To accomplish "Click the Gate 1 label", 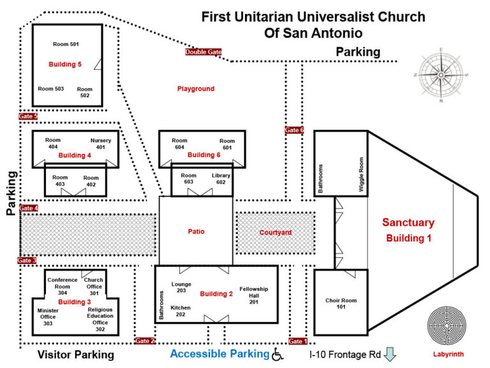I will pyautogui.click(x=298, y=341).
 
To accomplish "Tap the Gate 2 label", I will pyautogui.click(x=145, y=341).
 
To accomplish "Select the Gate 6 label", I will pyautogui.click(x=294, y=130).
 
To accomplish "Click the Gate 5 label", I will pyautogui.click(x=28, y=116).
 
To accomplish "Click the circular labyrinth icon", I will pyautogui.click(x=446, y=326).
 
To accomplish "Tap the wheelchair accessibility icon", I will pyautogui.click(x=278, y=354).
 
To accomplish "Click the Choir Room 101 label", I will pyautogui.click(x=341, y=303).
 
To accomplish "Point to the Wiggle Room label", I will pyautogui.click(x=360, y=174).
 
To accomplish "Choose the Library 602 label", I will pyautogui.click(x=221, y=179).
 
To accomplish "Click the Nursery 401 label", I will pyautogui.click(x=101, y=144).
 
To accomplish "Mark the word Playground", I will pyautogui.click(x=196, y=89).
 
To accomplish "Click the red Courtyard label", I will pyautogui.click(x=276, y=233).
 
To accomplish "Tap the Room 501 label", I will pyautogui.click(x=66, y=44).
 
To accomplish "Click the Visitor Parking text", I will pyautogui.click(x=75, y=355).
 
